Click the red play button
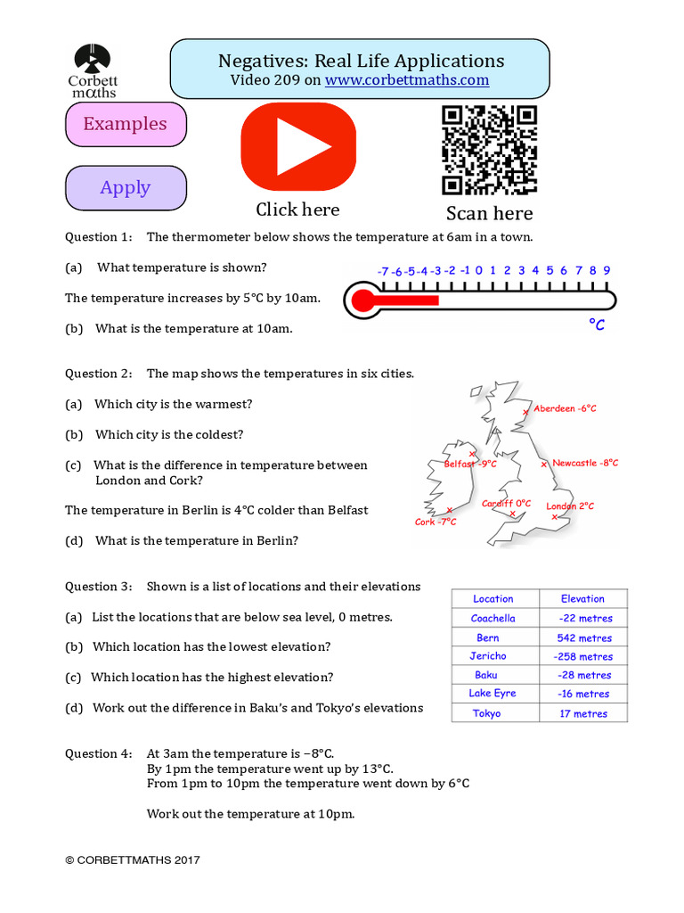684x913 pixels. pos(298,146)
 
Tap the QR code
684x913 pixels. pos(489,150)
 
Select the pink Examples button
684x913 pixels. pos(126,124)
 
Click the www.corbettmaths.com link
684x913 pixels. pos(407,80)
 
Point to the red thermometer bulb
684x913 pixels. pos(362,300)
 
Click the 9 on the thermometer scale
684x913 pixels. pos(607,270)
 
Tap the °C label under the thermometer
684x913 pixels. pos(597,325)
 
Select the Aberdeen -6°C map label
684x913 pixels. pos(565,408)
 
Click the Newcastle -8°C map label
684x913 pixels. pos(584,463)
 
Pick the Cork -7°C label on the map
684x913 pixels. pos(436,522)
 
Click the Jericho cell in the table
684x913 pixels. pos(488,656)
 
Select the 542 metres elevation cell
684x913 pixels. pos(583,637)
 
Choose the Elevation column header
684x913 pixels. pos(583,599)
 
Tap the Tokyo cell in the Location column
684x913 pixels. pos(487,713)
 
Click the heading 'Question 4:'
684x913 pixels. pos(98,753)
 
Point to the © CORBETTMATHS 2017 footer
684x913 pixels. pos(133,860)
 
